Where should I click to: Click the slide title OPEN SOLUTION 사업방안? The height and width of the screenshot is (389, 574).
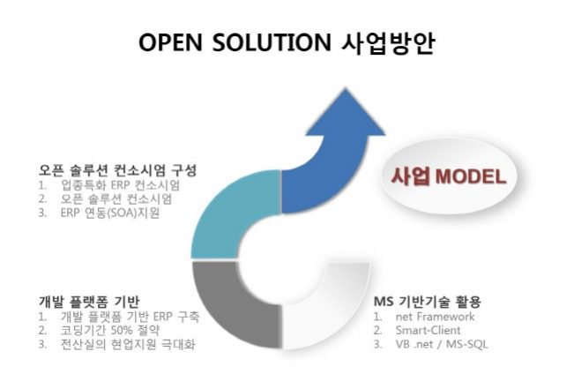pos(287,43)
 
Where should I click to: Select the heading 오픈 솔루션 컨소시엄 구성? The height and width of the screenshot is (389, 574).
pos(117,168)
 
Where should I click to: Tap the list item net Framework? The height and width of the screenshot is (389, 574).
pos(434,316)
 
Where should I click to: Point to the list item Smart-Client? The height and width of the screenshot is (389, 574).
pos(429,330)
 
